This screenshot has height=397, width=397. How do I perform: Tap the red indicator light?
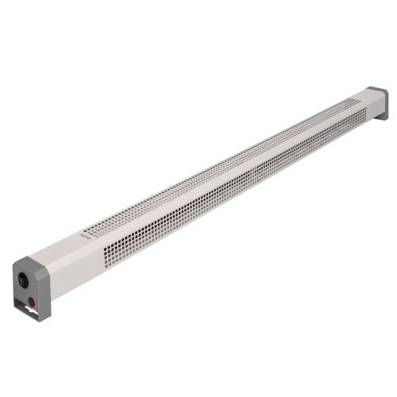click(33, 302)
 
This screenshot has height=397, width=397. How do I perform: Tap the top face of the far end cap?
click(377, 91)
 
